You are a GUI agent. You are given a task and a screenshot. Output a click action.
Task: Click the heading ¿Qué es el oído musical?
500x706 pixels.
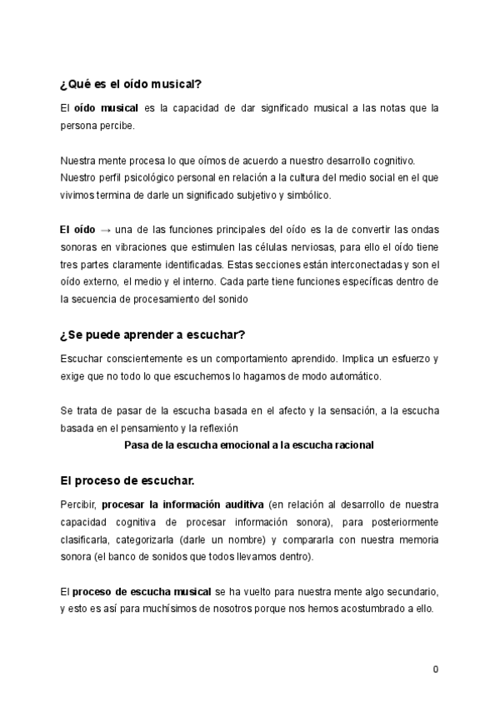pos(131,84)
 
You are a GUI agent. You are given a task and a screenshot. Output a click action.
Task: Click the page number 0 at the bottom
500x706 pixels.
pos(436,669)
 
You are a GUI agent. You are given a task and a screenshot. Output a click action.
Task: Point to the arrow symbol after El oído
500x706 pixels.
pos(105,230)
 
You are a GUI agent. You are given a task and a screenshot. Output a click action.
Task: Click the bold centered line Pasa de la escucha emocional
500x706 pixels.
pos(248,445)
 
